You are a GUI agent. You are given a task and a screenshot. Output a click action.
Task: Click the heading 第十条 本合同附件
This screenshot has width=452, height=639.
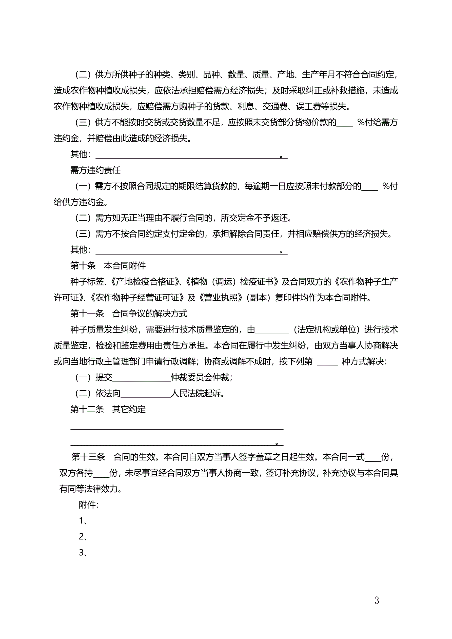(x=108, y=266)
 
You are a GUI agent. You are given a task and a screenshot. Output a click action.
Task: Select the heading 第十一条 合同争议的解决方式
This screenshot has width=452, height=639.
(x=129, y=314)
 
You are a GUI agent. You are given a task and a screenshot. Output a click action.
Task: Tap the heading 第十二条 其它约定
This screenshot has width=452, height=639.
(x=108, y=409)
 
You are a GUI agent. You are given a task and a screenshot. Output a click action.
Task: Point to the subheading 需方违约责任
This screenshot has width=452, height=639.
(x=95, y=170)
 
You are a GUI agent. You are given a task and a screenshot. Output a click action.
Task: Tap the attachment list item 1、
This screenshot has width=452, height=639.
(x=83, y=521)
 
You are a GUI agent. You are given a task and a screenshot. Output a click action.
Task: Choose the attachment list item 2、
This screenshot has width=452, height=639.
(x=83, y=537)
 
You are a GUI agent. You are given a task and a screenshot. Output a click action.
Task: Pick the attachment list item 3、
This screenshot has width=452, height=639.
(x=83, y=552)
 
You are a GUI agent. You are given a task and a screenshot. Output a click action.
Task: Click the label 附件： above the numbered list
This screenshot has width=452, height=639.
(x=89, y=505)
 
